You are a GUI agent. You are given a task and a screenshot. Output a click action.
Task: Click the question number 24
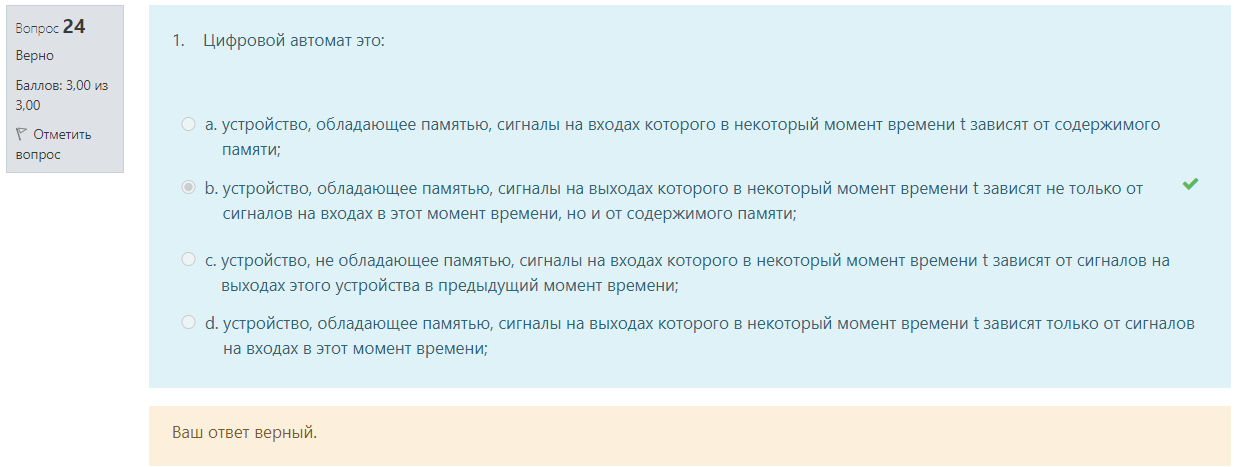(74, 26)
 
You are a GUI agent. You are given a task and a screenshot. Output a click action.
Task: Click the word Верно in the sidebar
(35, 56)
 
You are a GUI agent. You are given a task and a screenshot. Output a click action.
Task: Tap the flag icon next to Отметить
(21, 134)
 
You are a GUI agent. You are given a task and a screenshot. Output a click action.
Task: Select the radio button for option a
(188, 124)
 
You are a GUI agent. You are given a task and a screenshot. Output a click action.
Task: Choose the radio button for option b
(188, 188)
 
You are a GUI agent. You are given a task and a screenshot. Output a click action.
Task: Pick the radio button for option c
(188, 259)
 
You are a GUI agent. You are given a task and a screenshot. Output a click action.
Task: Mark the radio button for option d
(188, 322)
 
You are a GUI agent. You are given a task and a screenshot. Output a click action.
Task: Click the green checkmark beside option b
(1190, 184)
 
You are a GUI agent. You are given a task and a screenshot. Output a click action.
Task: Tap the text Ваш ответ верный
(245, 433)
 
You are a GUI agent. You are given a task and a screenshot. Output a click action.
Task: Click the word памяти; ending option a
(251, 150)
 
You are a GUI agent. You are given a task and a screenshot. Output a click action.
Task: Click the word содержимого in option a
(1107, 125)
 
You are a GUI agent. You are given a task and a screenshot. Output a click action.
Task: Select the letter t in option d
(976, 323)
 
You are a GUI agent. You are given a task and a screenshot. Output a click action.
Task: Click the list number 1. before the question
(178, 40)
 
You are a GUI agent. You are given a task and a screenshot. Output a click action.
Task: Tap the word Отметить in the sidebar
(62, 134)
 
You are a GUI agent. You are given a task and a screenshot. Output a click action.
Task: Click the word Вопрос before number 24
(37, 29)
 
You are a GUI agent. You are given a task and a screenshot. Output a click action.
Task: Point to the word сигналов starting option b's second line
(258, 214)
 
